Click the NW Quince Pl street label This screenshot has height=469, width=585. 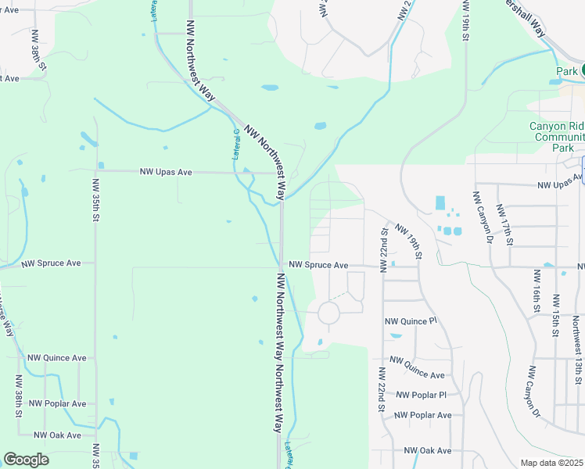point(411,321)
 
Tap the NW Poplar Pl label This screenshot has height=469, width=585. point(421,396)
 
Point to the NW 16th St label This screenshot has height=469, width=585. point(537,289)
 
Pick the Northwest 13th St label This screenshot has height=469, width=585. point(577,344)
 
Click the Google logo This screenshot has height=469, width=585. point(26,460)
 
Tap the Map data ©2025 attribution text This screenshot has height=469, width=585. point(551,463)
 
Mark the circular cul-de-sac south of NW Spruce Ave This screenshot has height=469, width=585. point(328,313)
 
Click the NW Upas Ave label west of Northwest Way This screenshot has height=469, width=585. point(165,171)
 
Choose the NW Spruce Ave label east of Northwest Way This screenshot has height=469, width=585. point(318,265)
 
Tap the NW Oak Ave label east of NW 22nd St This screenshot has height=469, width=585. point(428,450)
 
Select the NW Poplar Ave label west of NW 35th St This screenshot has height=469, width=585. point(57,403)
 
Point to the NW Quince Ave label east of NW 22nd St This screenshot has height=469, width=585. point(417,368)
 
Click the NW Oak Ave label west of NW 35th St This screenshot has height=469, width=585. point(57,435)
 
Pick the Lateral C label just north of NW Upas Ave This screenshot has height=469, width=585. point(235,145)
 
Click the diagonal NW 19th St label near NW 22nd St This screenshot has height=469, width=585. point(409,242)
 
